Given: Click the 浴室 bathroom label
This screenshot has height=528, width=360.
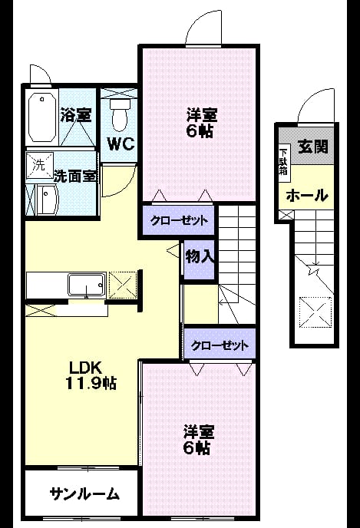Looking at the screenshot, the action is click(x=76, y=114).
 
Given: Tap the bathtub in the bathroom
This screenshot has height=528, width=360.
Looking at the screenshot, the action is click(x=42, y=117).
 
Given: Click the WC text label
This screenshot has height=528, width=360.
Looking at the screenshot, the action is click(x=121, y=144).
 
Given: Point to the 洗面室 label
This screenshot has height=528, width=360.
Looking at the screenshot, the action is click(x=75, y=176).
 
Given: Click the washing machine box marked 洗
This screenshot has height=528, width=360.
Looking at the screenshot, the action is click(x=40, y=165).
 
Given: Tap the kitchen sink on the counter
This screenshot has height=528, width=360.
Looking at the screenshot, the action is click(x=87, y=285).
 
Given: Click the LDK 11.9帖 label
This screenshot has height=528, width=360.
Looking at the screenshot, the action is click(x=91, y=375).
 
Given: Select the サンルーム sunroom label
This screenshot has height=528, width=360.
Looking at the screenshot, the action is click(x=84, y=494).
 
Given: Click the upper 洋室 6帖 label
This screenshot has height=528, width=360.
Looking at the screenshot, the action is click(x=201, y=123).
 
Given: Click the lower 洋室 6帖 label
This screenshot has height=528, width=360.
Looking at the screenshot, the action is click(x=198, y=440).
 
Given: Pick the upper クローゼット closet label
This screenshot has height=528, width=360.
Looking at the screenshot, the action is click(x=179, y=221).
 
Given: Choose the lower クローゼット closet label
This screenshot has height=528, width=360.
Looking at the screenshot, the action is click(x=220, y=345).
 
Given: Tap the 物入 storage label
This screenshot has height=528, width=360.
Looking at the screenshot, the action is click(x=200, y=257).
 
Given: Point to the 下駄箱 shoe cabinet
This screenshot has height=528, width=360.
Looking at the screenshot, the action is click(x=283, y=163).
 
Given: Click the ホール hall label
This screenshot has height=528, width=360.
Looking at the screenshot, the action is click(x=307, y=195).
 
